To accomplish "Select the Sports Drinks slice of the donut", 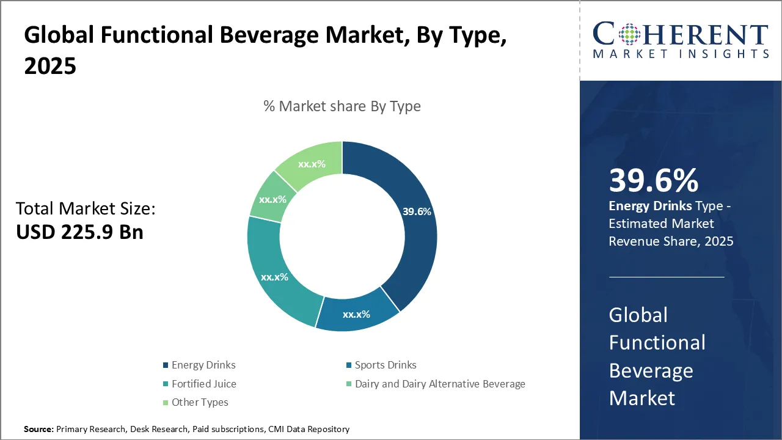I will point(357,312).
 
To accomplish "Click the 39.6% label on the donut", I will point(417,212).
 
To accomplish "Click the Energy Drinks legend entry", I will point(203,365).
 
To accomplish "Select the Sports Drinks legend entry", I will point(386,365).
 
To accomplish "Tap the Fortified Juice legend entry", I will point(203,384).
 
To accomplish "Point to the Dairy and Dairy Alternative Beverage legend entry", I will point(440,384).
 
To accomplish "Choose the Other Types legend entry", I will point(200,402).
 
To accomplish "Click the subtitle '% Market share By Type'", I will point(342,106).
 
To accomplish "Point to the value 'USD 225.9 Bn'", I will point(79,232).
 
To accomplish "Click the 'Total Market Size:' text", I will point(86,209).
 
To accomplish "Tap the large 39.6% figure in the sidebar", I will point(653,180).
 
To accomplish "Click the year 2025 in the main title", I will point(50,66).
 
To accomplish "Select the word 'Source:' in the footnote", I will point(38,430).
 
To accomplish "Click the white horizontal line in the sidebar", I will point(667,277).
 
